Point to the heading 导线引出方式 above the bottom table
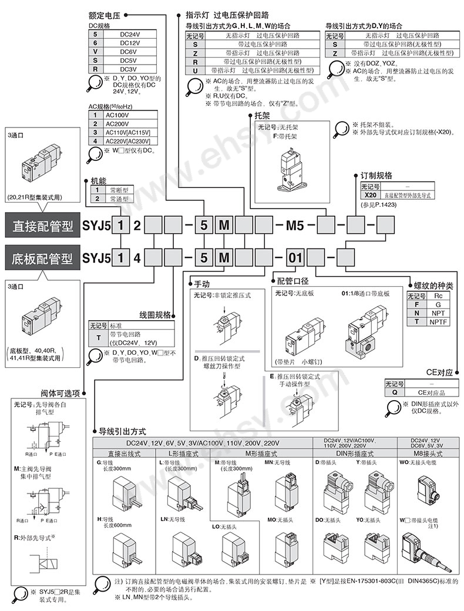pyautogui.click(x=122, y=431)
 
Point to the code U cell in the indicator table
pyautogui.click(x=194, y=69)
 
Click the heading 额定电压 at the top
pyautogui.click(x=105, y=11)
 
